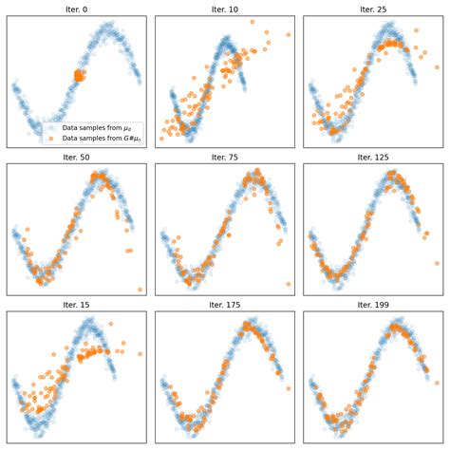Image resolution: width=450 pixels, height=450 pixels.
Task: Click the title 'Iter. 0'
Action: point(76,9)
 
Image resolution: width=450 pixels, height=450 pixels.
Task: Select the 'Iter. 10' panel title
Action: point(224,9)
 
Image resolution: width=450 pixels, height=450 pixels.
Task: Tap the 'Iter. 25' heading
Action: point(372,9)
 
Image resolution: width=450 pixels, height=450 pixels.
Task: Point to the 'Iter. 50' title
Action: point(76,157)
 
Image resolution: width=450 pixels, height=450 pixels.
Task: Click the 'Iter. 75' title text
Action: point(224,157)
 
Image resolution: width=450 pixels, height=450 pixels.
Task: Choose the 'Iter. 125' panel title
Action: point(372,157)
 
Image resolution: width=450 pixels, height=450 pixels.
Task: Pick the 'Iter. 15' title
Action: point(76,305)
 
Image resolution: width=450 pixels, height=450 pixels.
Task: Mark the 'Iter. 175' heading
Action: point(224,305)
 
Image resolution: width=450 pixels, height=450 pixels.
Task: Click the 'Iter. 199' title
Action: point(372,305)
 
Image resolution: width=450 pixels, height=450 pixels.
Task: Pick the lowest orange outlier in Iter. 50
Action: point(140,290)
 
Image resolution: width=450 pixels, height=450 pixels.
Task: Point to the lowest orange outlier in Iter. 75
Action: point(289,283)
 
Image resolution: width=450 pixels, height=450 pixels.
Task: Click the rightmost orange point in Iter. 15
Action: point(141,354)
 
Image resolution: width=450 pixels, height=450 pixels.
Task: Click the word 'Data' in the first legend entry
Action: point(68,127)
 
